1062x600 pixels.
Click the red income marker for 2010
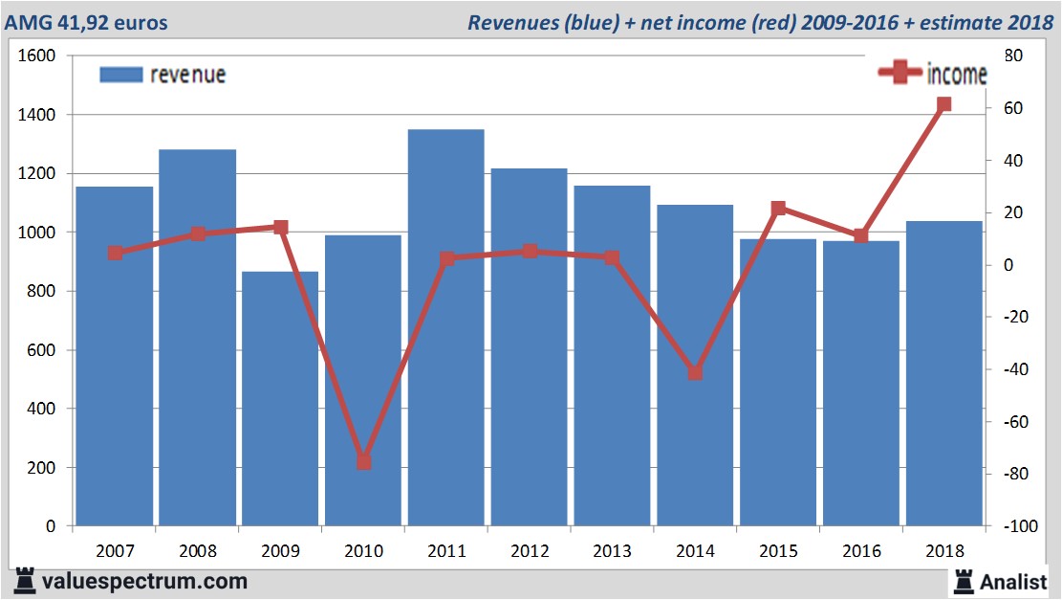point(363,461)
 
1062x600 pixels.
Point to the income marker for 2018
point(944,104)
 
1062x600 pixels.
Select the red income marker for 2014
point(695,372)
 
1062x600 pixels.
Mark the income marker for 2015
point(778,208)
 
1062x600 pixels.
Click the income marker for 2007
point(115,253)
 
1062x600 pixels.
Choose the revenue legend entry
point(163,75)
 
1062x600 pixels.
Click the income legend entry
point(933,74)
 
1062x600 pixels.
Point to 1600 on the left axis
point(37,56)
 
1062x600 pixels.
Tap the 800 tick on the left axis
point(42,291)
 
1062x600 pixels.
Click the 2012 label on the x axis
point(530,551)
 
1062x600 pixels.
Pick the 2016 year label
point(861,551)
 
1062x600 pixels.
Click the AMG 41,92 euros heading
point(86,22)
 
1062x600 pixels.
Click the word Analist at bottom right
point(1013,580)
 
